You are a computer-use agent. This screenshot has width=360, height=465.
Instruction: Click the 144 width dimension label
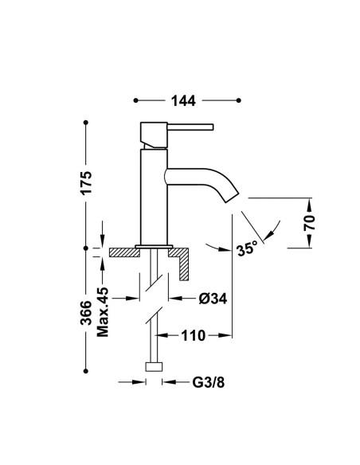click(183, 101)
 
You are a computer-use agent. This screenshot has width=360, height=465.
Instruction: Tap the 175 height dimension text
click(87, 182)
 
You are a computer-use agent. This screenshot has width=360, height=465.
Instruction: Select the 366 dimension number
click(87, 313)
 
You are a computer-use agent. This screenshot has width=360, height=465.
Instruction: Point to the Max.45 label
click(103, 312)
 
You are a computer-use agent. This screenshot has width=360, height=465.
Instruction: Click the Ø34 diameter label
click(213, 299)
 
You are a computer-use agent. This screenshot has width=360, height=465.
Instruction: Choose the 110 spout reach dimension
click(194, 336)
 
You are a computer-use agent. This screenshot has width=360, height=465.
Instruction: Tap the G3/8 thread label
click(209, 382)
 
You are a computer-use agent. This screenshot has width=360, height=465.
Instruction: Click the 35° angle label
click(247, 248)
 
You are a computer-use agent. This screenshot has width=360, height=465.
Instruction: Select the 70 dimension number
click(309, 223)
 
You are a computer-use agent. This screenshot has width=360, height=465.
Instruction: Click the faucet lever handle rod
click(190, 127)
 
